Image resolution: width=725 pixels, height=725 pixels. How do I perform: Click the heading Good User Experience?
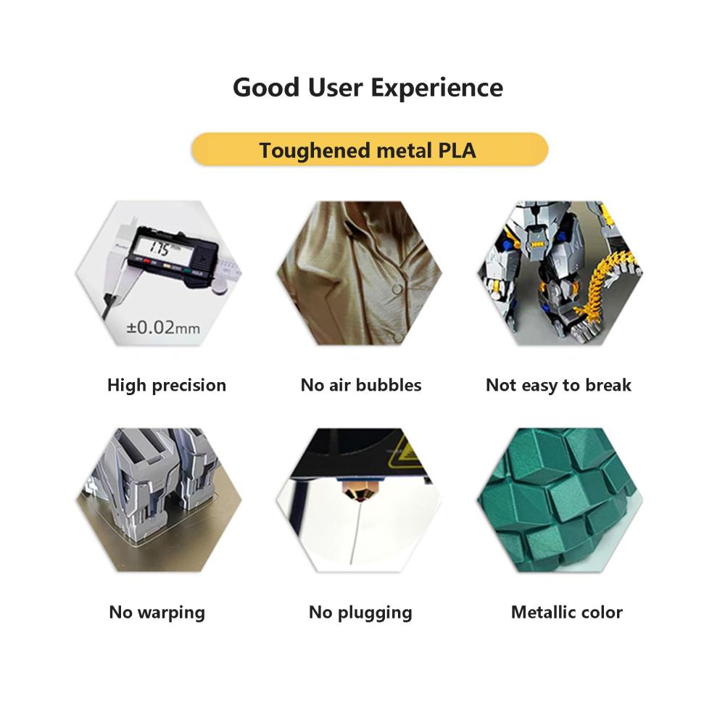click(x=368, y=88)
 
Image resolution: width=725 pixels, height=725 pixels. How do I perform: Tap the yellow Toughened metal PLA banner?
click(x=370, y=149)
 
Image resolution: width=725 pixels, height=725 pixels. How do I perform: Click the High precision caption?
click(x=167, y=385)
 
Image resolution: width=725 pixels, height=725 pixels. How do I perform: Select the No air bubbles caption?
click(x=360, y=385)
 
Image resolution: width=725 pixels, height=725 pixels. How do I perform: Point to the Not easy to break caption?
click(x=558, y=385)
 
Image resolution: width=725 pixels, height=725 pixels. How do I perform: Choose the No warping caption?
click(x=157, y=612)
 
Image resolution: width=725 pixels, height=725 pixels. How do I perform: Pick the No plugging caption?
click(x=360, y=612)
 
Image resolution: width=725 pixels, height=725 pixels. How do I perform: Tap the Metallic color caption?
click(x=566, y=612)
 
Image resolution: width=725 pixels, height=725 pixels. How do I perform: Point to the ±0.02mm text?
click(x=163, y=328)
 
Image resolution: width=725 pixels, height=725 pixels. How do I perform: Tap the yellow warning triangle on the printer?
click(x=405, y=453)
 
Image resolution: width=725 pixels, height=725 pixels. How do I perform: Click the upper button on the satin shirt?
click(x=397, y=290)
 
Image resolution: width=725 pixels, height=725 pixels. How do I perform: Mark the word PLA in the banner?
click(x=457, y=150)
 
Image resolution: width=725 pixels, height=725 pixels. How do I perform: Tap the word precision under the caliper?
click(x=189, y=386)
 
